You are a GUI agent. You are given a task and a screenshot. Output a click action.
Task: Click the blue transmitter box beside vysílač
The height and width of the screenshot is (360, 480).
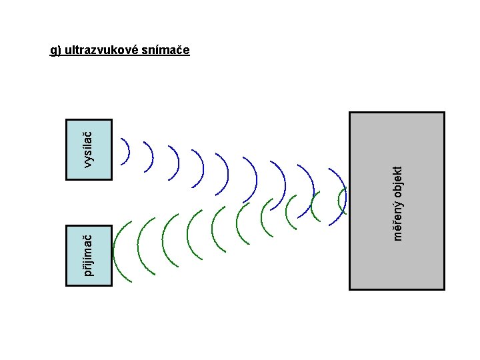[89, 150]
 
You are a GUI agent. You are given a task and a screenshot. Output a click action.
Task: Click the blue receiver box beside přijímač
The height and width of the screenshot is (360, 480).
[89, 256]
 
